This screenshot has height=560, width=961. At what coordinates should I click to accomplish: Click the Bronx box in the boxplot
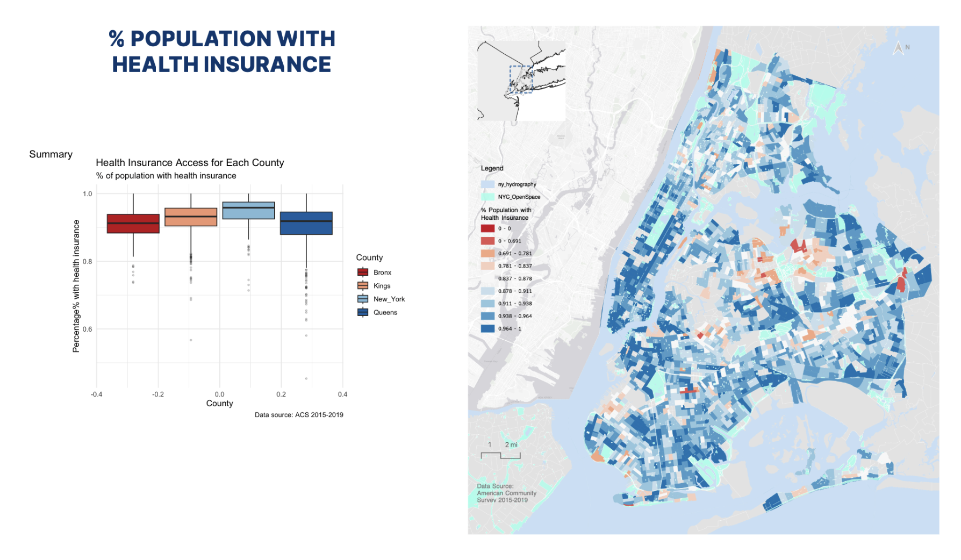coord(133,224)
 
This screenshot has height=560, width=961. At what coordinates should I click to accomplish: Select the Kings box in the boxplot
coord(191,217)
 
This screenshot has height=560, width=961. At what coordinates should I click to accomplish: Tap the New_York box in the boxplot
coord(248,211)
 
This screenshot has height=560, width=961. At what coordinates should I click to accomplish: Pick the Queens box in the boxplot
coord(306,223)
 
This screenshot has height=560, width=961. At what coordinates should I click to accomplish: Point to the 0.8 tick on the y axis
coord(87,262)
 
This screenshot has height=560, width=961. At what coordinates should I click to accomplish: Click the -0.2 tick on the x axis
coord(158,394)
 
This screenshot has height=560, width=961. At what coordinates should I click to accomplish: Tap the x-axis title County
coord(219,404)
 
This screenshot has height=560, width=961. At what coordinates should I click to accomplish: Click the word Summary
coord(51,155)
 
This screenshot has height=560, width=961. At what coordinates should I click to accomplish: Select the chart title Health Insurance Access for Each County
coord(190,163)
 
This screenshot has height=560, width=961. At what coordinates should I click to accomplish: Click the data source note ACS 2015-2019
coord(299,415)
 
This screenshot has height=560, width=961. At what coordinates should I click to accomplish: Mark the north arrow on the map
coord(898,49)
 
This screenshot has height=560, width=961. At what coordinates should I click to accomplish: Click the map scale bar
coord(500,455)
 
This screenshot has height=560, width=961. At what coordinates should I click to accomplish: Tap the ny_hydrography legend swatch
coord(487,184)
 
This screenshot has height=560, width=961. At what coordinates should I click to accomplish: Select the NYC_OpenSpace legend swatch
coord(487,197)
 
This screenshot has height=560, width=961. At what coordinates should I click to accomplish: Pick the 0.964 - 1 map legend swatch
coord(487,328)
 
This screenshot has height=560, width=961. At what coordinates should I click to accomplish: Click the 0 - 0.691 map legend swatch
coord(487,241)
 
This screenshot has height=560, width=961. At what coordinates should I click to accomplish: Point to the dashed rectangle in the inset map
coord(521,80)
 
